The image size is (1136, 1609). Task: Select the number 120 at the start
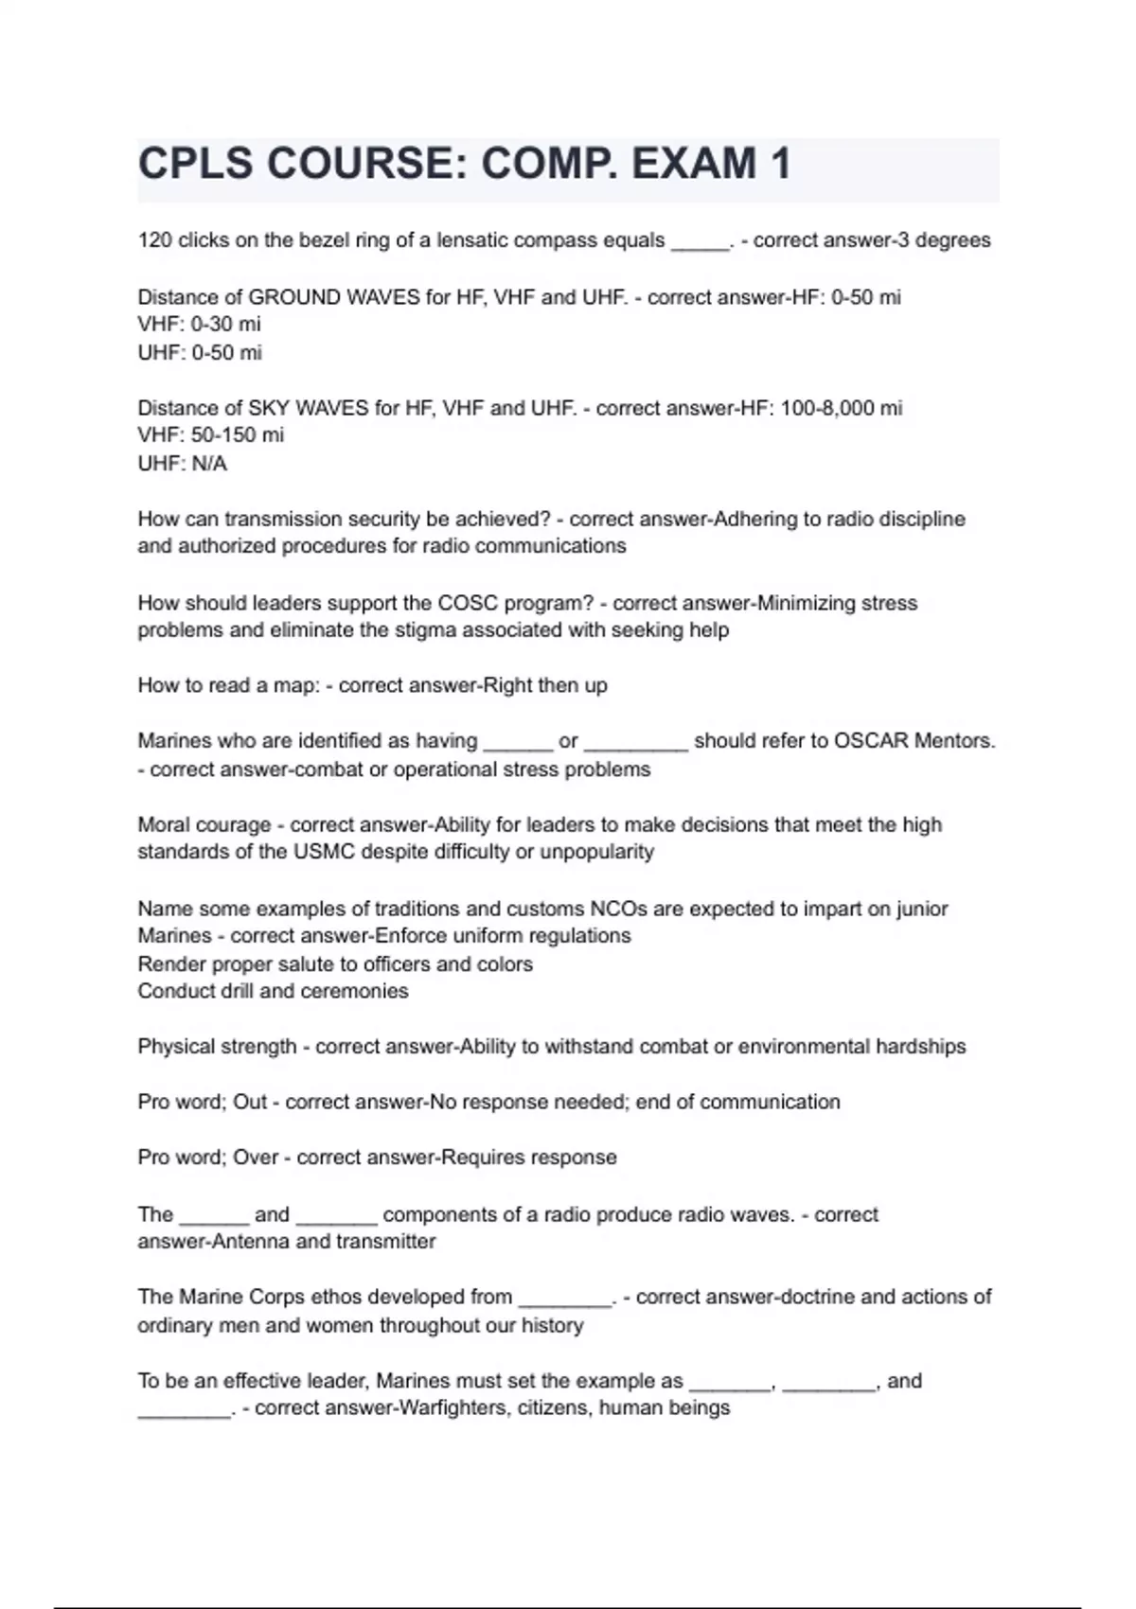pos(154,240)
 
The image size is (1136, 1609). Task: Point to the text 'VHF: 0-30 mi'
pos(199,325)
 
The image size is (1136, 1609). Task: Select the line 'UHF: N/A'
pos(182,464)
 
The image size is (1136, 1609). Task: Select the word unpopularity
pos(596,852)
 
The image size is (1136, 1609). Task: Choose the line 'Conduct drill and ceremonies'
pos(273,991)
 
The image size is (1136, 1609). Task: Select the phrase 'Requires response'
pos(529,1158)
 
